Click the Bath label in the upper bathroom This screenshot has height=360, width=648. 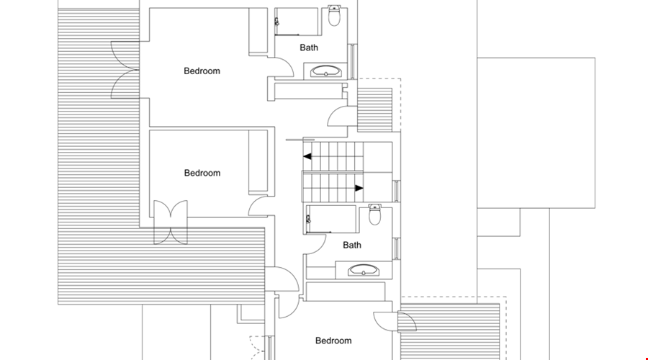309,48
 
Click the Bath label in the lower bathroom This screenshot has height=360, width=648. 352,245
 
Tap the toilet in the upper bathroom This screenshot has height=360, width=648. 334,16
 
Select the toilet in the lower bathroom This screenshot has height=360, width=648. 375,215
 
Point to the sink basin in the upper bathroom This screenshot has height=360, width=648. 326,71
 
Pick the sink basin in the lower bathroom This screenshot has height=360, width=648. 364,270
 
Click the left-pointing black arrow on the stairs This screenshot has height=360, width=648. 307,156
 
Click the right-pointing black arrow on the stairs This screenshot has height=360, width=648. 359,188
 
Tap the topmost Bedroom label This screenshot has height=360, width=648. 202,71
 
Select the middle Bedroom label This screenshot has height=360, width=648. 202,173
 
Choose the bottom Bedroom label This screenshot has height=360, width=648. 333,341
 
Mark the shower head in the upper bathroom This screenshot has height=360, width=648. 276,22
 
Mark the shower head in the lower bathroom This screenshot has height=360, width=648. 308,219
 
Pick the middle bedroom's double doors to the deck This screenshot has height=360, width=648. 171,222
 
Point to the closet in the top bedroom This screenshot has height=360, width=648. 258,31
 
